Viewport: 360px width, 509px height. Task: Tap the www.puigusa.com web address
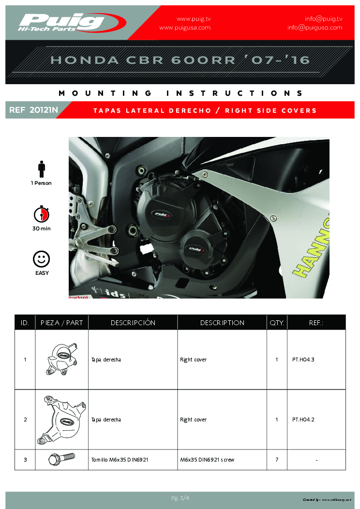185,28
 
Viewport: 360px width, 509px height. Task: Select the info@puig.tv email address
323,19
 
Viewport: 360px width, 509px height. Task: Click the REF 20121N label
33,110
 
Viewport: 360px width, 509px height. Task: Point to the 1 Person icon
42,169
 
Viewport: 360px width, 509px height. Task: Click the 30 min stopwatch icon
42,214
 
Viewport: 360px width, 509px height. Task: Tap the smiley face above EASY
42,259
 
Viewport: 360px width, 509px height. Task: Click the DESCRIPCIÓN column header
133,323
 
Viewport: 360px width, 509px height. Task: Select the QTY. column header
276,323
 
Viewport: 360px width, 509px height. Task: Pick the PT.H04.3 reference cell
303,360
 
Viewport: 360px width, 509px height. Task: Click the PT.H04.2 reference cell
303,420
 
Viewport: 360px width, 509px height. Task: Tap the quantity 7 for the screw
277,460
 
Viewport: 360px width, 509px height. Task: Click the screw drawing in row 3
61,459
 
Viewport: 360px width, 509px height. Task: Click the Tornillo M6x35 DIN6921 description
120,460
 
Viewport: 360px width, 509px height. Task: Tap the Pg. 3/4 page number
180,498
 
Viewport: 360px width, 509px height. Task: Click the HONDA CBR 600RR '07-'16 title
180,60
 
